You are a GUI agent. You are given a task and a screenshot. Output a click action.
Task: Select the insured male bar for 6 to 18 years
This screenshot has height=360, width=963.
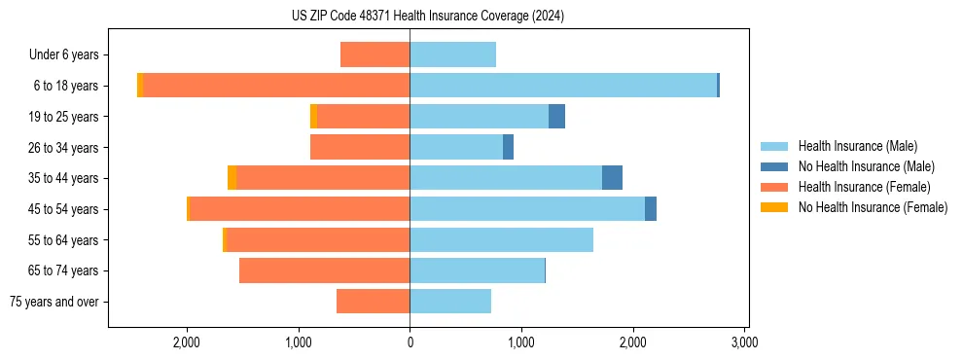(563, 86)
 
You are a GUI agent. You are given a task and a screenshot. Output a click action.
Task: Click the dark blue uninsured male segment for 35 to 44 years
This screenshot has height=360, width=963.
(612, 178)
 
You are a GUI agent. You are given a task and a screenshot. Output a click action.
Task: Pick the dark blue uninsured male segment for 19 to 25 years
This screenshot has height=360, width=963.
(556, 117)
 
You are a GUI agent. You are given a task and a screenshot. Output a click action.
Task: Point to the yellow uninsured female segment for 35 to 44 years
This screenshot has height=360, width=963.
(232, 178)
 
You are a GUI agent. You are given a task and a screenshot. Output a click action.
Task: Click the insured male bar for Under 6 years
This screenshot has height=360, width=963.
(452, 54)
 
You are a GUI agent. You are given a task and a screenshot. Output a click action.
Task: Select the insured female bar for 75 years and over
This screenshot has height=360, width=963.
(373, 302)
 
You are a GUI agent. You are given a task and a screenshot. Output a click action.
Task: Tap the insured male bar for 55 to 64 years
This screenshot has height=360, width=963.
(501, 239)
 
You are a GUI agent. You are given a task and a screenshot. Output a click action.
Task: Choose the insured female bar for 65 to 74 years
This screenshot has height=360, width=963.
(324, 270)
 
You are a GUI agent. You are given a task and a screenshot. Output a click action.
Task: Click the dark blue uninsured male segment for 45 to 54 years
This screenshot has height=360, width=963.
(651, 209)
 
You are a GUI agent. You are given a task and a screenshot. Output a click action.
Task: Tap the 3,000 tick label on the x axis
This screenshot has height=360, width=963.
(744, 342)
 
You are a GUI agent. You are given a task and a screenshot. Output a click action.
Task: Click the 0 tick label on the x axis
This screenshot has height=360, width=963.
(410, 342)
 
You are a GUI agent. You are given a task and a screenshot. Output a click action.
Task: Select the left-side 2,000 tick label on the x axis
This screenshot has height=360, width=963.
(186, 342)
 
